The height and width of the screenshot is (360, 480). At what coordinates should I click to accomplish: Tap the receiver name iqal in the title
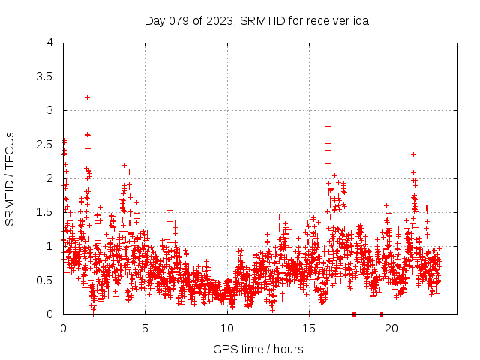point(359,20)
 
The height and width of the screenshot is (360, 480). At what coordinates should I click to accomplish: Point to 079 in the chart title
point(184,20)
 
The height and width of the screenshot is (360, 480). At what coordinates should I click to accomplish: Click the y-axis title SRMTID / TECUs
point(10,178)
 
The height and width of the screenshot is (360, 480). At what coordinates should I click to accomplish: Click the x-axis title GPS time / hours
point(258,349)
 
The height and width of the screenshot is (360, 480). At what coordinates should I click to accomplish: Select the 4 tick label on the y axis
point(49,43)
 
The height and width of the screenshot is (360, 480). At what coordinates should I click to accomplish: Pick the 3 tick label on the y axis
point(49,110)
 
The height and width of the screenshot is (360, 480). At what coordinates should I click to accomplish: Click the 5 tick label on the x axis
point(145,328)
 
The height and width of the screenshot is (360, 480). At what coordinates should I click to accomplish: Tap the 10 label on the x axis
point(227,328)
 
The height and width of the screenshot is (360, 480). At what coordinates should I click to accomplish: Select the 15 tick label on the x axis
point(309,328)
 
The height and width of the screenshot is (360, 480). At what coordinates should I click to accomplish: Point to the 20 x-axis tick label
point(391,328)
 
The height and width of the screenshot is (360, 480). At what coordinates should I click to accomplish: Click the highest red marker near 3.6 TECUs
point(88,70)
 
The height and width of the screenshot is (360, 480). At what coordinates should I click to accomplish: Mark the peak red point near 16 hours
point(328,126)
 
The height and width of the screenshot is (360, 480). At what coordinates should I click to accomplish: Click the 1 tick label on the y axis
point(49,246)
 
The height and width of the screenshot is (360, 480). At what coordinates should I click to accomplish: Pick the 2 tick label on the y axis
point(49,178)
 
